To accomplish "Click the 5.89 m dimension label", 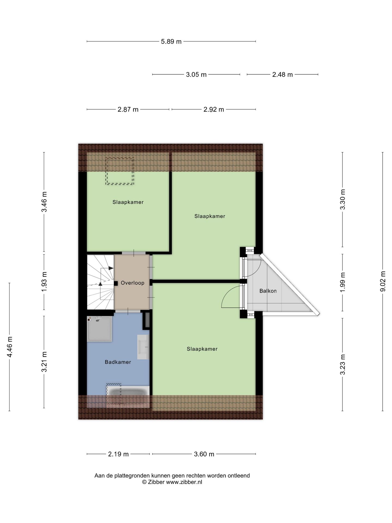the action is tap(171, 42).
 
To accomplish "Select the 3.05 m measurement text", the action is tap(196, 75).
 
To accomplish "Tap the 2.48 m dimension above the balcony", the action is tap(282, 75).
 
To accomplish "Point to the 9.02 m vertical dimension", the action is tap(383, 281).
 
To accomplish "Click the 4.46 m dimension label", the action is tap(10, 347).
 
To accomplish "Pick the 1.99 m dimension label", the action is tap(342, 282).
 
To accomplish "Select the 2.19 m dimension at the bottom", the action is tap(118, 454).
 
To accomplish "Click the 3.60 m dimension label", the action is tap(204, 454).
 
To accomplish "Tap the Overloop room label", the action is tap(133, 283).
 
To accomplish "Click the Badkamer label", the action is tap(118, 362).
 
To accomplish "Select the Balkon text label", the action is tap(268, 291).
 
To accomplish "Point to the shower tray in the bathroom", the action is tap(99, 329).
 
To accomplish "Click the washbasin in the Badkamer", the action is tap(143, 347).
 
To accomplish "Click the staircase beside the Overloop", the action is tap(100, 282).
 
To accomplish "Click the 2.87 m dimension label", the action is tap(128, 110).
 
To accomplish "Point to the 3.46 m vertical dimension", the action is tap(44, 202).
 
